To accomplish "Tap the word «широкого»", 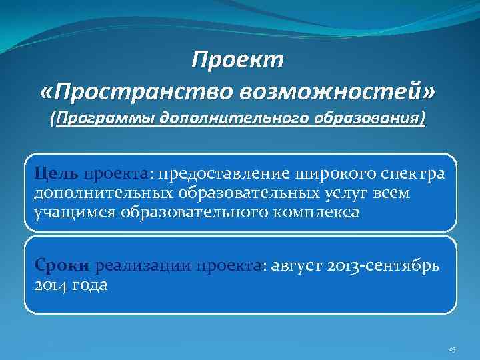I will (340, 174).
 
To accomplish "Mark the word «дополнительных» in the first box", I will (105, 193).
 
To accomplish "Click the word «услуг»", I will (354, 193).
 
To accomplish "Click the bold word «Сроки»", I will (63, 267).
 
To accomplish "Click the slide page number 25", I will (452, 349).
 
